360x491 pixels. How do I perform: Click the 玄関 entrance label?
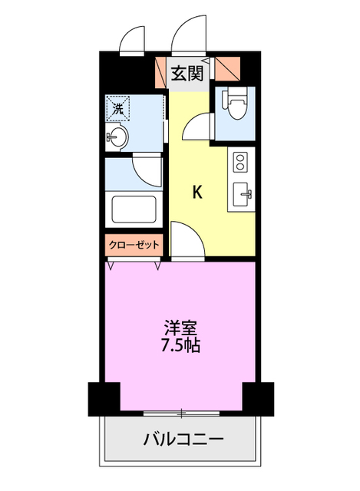pyautogui.click(x=187, y=74)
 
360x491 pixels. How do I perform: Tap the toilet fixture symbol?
pyautogui.click(x=235, y=103)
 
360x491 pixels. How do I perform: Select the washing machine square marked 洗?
pyautogui.click(x=117, y=108)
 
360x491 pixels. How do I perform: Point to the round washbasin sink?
pyautogui.click(x=117, y=137)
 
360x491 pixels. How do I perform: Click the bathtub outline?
pyautogui.click(x=134, y=209)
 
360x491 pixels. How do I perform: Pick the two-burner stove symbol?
pyautogui.click(x=240, y=162)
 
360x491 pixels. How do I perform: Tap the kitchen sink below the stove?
pyautogui.click(x=243, y=194)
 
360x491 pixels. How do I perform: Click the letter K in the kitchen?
pyautogui.click(x=197, y=192)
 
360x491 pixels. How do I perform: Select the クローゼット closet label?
pyautogui.click(x=134, y=245)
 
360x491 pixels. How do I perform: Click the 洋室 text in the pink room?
pyautogui.click(x=181, y=328)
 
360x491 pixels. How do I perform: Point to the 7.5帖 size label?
pyautogui.click(x=180, y=345)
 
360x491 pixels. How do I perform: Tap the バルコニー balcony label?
pyautogui.click(x=183, y=440)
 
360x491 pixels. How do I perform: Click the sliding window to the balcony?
pyautogui.click(x=181, y=414)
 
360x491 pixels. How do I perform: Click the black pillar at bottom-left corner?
pyautogui.click(x=104, y=399)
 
